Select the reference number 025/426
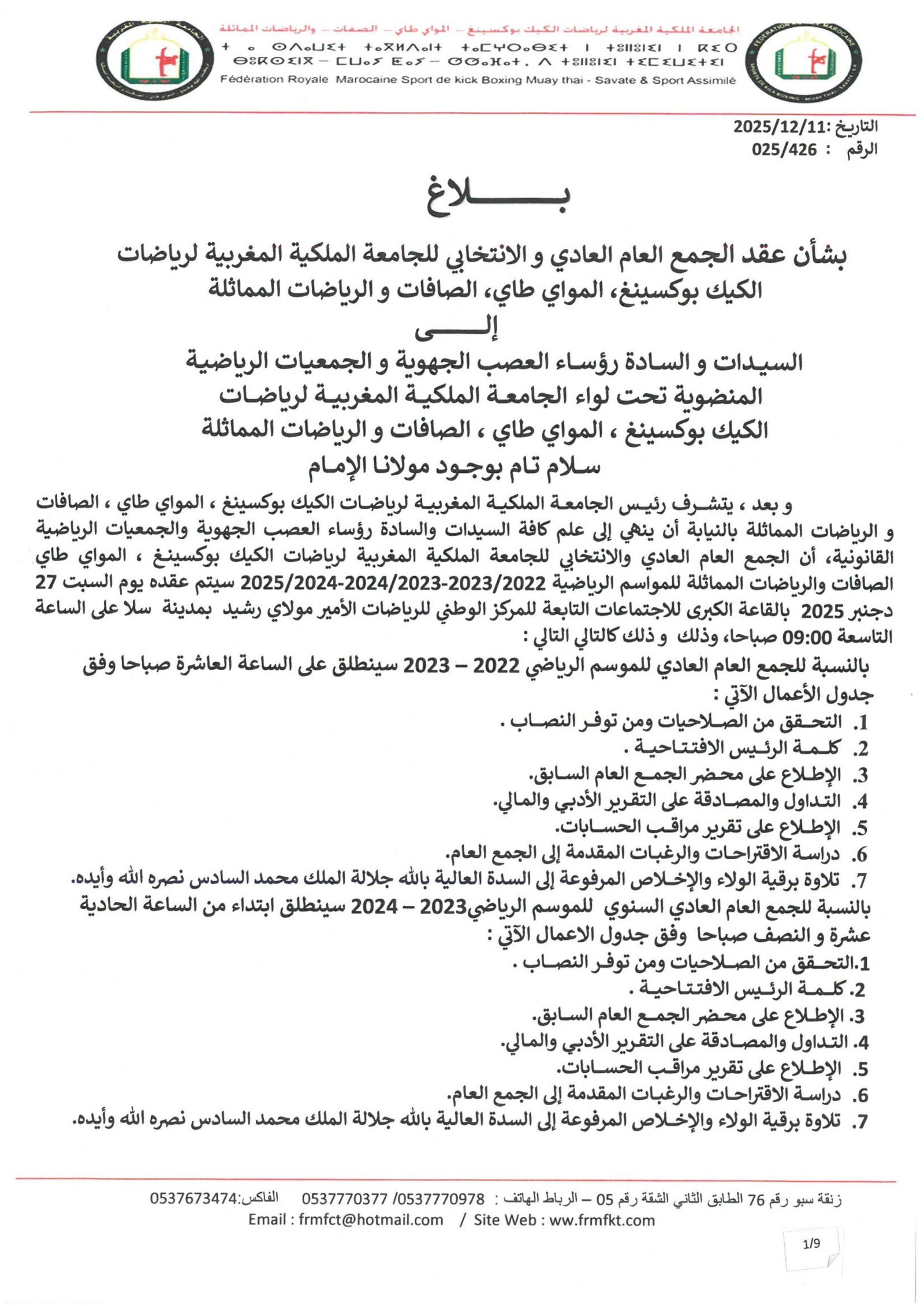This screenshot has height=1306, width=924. coord(784,150)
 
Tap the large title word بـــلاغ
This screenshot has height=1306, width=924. coord(498,200)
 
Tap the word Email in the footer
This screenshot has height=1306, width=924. coord(269,1220)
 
